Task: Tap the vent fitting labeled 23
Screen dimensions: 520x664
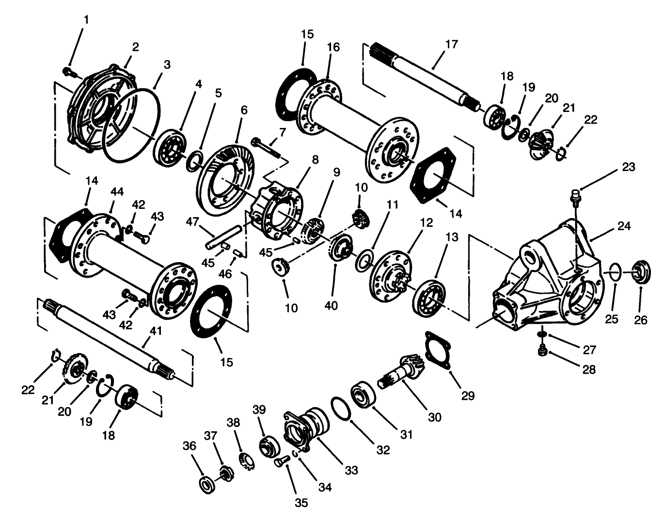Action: coord(575,196)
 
